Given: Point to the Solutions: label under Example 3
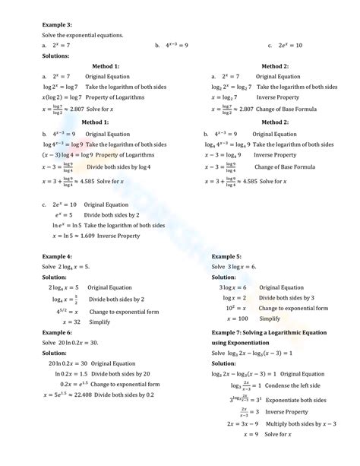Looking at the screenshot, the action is point(57,55).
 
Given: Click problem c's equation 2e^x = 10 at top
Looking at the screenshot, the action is point(290,45).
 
